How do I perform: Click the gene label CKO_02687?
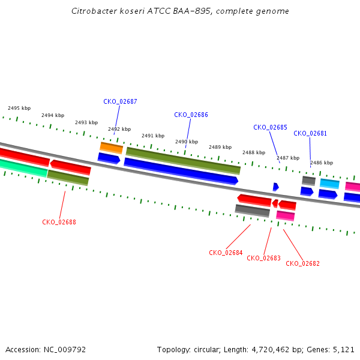pyautogui.click(x=120, y=101)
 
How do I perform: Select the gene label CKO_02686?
pyautogui.click(x=191, y=115)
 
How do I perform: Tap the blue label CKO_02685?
pyautogui.click(x=270, y=127)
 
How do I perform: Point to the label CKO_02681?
pyautogui.click(x=310, y=133)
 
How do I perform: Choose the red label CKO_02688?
pyautogui.click(x=59, y=222)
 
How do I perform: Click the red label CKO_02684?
pyautogui.click(x=226, y=253)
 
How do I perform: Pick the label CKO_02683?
pyautogui.click(x=263, y=258)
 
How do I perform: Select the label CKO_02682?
pyautogui.click(x=302, y=263)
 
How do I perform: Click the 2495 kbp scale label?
pyautogui.click(x=19, y=108)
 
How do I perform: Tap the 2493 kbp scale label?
pyautogui.click(x=86, y=122)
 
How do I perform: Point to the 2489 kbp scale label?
pyautogui.click(x=220, y=147)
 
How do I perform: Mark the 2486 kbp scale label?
pyautogui.click(x=322, y=163)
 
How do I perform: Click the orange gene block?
pyautogui.click(x=112, y=148)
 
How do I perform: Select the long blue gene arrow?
pyautogui.click(x=181, y=171)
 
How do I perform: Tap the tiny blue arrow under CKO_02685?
pyautogui.click(x=276, y=187)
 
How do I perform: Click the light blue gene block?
pyautogui.click(x=329, y=184)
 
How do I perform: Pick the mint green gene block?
pyautogui.click(x=23, y=168)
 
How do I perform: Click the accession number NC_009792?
pyautogui.click(x=65, y=350)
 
